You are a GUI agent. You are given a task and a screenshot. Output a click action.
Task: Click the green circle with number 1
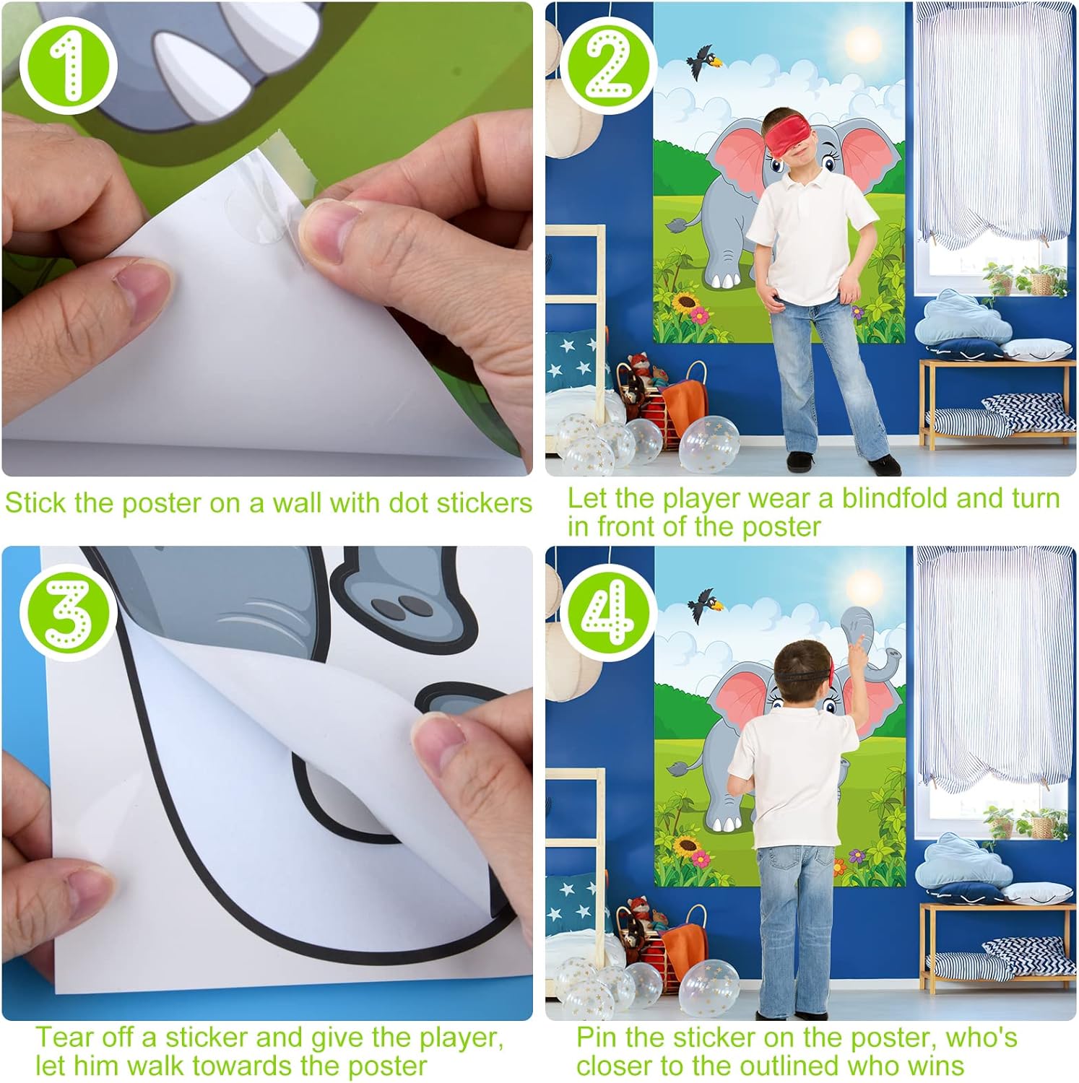(x=68, y=66)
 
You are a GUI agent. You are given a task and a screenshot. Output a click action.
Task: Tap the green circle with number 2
(x=609, y=66)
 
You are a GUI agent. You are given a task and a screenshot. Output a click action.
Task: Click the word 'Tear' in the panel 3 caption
(x=65, y=1038)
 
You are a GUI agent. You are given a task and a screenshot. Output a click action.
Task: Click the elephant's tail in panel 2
(x=683, y=222)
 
